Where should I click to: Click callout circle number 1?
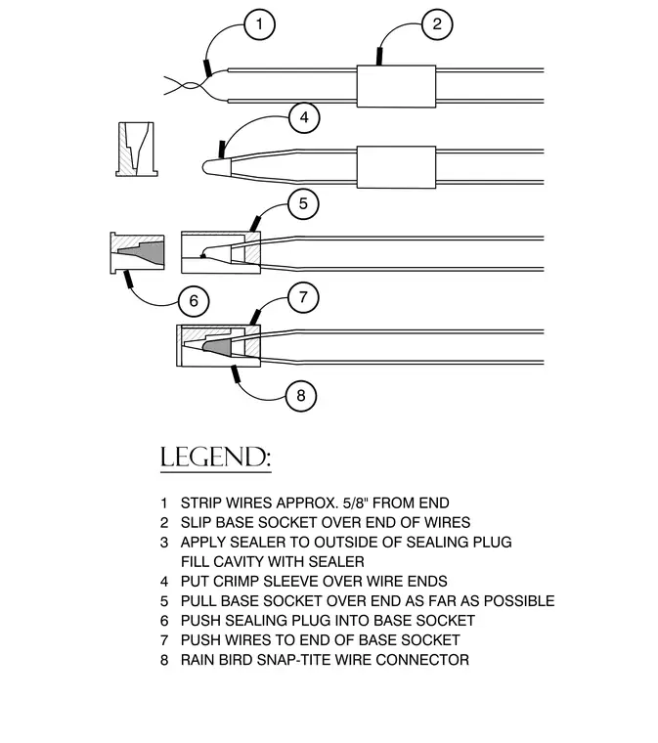[260, 24]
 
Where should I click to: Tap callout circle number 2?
[437, 24]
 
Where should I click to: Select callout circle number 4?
[304, 117]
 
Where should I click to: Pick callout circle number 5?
[303, 204]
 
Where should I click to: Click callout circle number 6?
[194, 301]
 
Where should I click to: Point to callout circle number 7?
[303, 297]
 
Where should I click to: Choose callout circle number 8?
[301, 396]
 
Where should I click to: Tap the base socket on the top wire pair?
[396, 86]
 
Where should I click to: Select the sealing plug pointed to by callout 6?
[138, 252]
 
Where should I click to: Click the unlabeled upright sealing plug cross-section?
[137, 150]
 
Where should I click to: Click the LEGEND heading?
[215, 458]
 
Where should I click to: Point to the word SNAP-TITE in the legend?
[293, 660]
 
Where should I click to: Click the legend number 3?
[164, 542]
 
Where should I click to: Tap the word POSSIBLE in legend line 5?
[519, 601]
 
